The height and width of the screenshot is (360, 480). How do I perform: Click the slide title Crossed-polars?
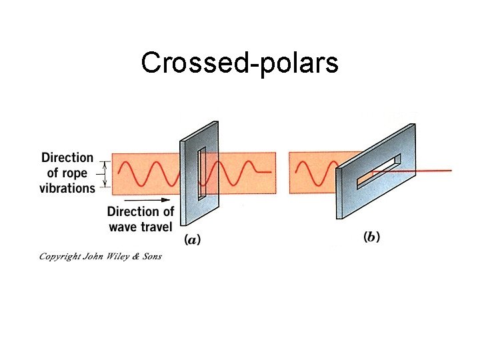(239, 63)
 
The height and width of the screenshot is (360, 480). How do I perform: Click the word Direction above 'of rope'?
(67, 157)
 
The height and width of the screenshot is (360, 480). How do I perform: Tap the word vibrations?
(67, 188)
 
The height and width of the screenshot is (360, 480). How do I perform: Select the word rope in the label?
(81, 173)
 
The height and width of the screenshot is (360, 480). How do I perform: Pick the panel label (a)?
(193, 239)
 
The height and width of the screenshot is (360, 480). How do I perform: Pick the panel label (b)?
(371, 237)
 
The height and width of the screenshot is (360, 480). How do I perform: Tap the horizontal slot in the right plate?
(378, 171)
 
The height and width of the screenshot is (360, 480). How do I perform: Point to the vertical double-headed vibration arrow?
(103, 173)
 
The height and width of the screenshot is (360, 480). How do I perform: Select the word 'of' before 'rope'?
(54, 173)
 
